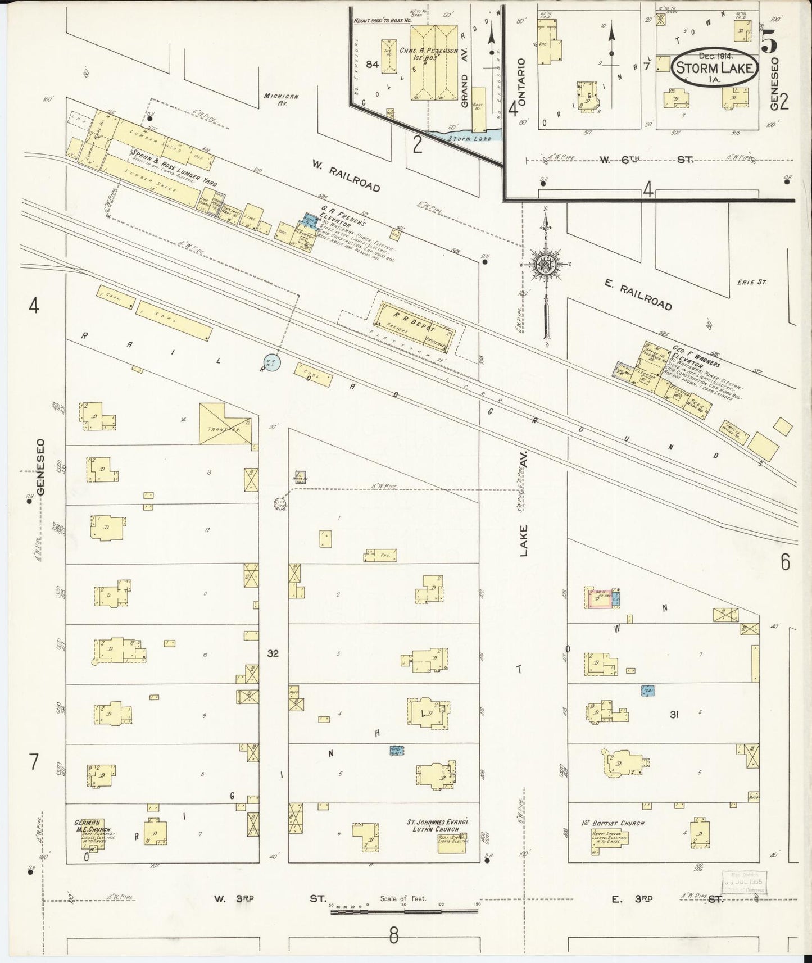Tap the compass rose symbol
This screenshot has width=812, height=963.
click(545, 265)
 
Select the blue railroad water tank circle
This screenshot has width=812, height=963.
click(271, 362)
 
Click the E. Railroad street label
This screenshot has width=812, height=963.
click(639, 296)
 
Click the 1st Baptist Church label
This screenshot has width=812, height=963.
click(613, 824)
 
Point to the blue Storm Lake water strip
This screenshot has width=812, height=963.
click(467, 137)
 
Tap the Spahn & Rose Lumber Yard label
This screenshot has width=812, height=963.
click(174, 168)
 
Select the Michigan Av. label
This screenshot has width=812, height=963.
click(281, 99)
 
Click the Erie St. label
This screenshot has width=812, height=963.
click(751, 282)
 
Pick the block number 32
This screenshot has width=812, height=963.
click(273, 653)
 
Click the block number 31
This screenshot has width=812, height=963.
click(674, 715)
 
